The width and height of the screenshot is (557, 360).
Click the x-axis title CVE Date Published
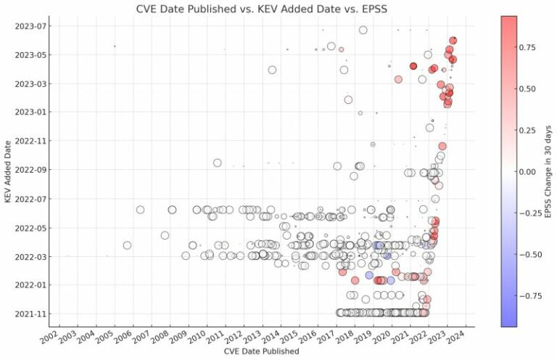(252, 351)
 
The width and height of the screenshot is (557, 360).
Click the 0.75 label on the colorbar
(531, 47)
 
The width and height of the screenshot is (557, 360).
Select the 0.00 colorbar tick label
(531, 171)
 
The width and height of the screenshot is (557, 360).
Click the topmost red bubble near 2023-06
(453, 41)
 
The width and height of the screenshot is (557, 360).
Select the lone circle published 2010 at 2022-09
(218, 163)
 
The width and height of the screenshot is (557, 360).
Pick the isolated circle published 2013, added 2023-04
(272, 70)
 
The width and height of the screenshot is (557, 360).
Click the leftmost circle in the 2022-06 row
(140, 210)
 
